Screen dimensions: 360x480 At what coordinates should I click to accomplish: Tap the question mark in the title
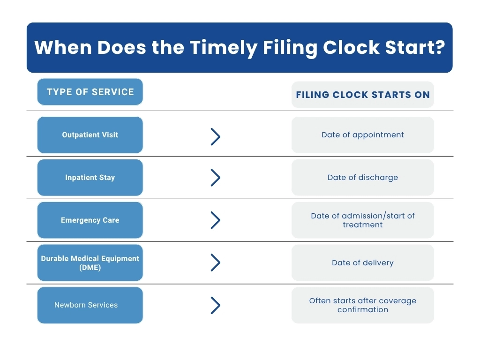tap(438, 48)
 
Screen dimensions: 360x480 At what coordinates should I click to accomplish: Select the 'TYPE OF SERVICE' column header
tap(90, 92)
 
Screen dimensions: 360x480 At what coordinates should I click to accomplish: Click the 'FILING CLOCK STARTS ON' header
tap(363, 95)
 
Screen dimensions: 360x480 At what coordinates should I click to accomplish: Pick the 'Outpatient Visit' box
tap(90, 135)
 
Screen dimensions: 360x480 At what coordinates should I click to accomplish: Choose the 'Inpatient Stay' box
tap(90, 178)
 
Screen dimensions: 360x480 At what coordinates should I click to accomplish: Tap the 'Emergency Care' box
tap(90, 220)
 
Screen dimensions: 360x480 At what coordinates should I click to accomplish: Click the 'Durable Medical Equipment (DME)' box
tap(90, 263)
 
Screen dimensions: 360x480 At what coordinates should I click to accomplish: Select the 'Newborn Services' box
tap(90, 305)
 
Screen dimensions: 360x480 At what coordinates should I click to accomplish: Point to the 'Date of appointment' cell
tap(363, 135)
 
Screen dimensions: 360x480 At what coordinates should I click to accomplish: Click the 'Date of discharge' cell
tap(363, 178)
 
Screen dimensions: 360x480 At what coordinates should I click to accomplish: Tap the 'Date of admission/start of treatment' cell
tap(363, 220)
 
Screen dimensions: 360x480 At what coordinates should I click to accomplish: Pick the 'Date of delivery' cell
tap(363, 263)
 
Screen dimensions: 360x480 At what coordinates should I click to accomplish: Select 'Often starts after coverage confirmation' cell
tap(363, 305)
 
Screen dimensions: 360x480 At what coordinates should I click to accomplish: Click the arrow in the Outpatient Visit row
tap(216, 136)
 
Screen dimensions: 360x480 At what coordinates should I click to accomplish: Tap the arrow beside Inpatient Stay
tap(216, 178)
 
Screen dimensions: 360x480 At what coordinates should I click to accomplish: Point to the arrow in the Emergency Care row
tap(216, 220)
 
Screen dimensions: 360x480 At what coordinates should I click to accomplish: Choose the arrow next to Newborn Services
tap(216, 305)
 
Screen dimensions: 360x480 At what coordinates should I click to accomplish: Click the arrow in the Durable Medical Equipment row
tap(216, 263)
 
